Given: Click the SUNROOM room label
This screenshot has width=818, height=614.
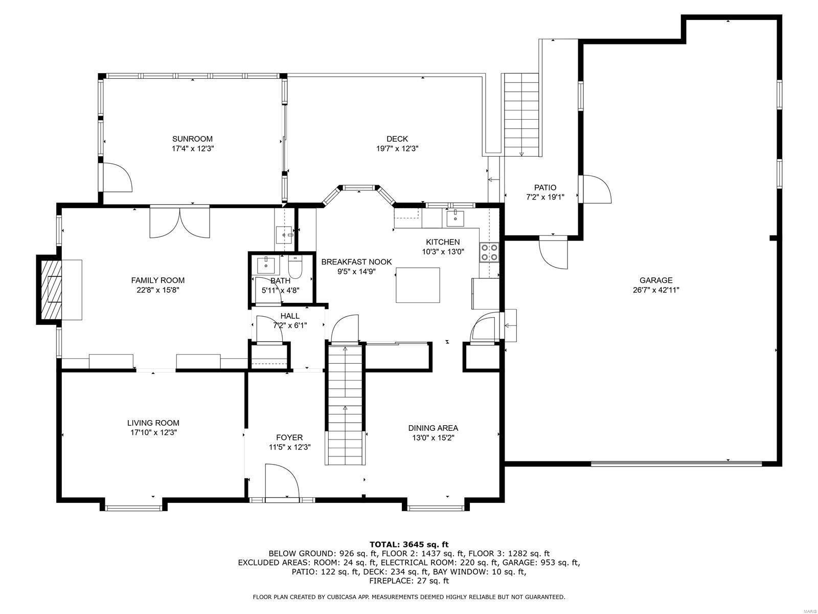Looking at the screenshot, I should [192, 139].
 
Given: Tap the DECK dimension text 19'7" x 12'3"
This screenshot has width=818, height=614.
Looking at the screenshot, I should [397, 149].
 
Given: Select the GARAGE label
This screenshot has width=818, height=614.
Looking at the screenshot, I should [656, 280].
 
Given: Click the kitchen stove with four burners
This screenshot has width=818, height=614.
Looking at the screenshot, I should [488, 252].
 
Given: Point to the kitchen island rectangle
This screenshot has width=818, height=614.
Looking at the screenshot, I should [418, 284].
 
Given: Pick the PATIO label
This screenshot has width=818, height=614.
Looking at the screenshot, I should [545, 188].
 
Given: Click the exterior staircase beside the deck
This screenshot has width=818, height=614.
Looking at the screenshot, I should [521, 115].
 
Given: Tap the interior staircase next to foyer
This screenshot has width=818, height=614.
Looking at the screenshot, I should [345, 404].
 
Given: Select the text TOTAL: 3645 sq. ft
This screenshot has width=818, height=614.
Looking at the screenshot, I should [408, 544].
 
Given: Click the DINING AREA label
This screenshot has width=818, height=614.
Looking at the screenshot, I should [433, 428].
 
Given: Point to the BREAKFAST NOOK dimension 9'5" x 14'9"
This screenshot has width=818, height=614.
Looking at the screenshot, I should [356, 272].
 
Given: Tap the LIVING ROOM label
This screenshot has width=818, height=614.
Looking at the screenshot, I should [153, 423].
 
